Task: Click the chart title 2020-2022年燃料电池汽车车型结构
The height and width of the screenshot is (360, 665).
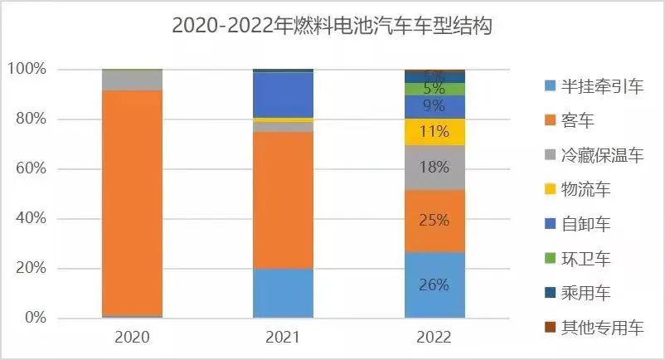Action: (x=332, y=26)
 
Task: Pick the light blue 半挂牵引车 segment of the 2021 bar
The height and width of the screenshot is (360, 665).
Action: (x=283, y=293)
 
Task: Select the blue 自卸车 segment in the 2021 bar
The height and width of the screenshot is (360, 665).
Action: (x=283, y=95)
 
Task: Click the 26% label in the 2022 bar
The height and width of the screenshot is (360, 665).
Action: (x=434, y=285)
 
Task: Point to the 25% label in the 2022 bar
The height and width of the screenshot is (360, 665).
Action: (x=434, y=220)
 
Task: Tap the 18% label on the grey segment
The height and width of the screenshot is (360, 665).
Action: (x=434, y=167)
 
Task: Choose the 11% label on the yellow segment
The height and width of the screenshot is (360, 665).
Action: (x=434, y=131)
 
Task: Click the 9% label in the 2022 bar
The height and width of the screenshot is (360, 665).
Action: (x=434, y=106)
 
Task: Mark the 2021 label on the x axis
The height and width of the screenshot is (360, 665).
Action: (x=283, y=338)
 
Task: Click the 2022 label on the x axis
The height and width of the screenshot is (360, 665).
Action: (x=434, y=338)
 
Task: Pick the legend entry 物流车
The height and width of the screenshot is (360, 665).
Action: (x=585, y=190)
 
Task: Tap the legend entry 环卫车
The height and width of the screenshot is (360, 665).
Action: (x=585, y=259)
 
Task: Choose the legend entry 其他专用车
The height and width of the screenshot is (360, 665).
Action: (x=601, y=328)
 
